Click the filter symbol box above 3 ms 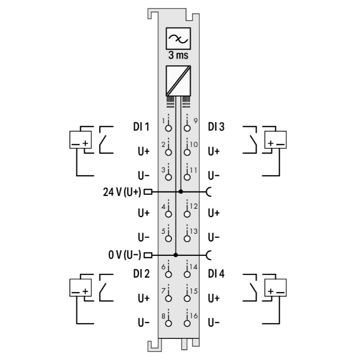[178, 38]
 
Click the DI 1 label [141, 127]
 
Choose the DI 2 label [141, 274]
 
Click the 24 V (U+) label [122, 192]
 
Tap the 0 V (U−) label [124, 254]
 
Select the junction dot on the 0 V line [176, 254]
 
